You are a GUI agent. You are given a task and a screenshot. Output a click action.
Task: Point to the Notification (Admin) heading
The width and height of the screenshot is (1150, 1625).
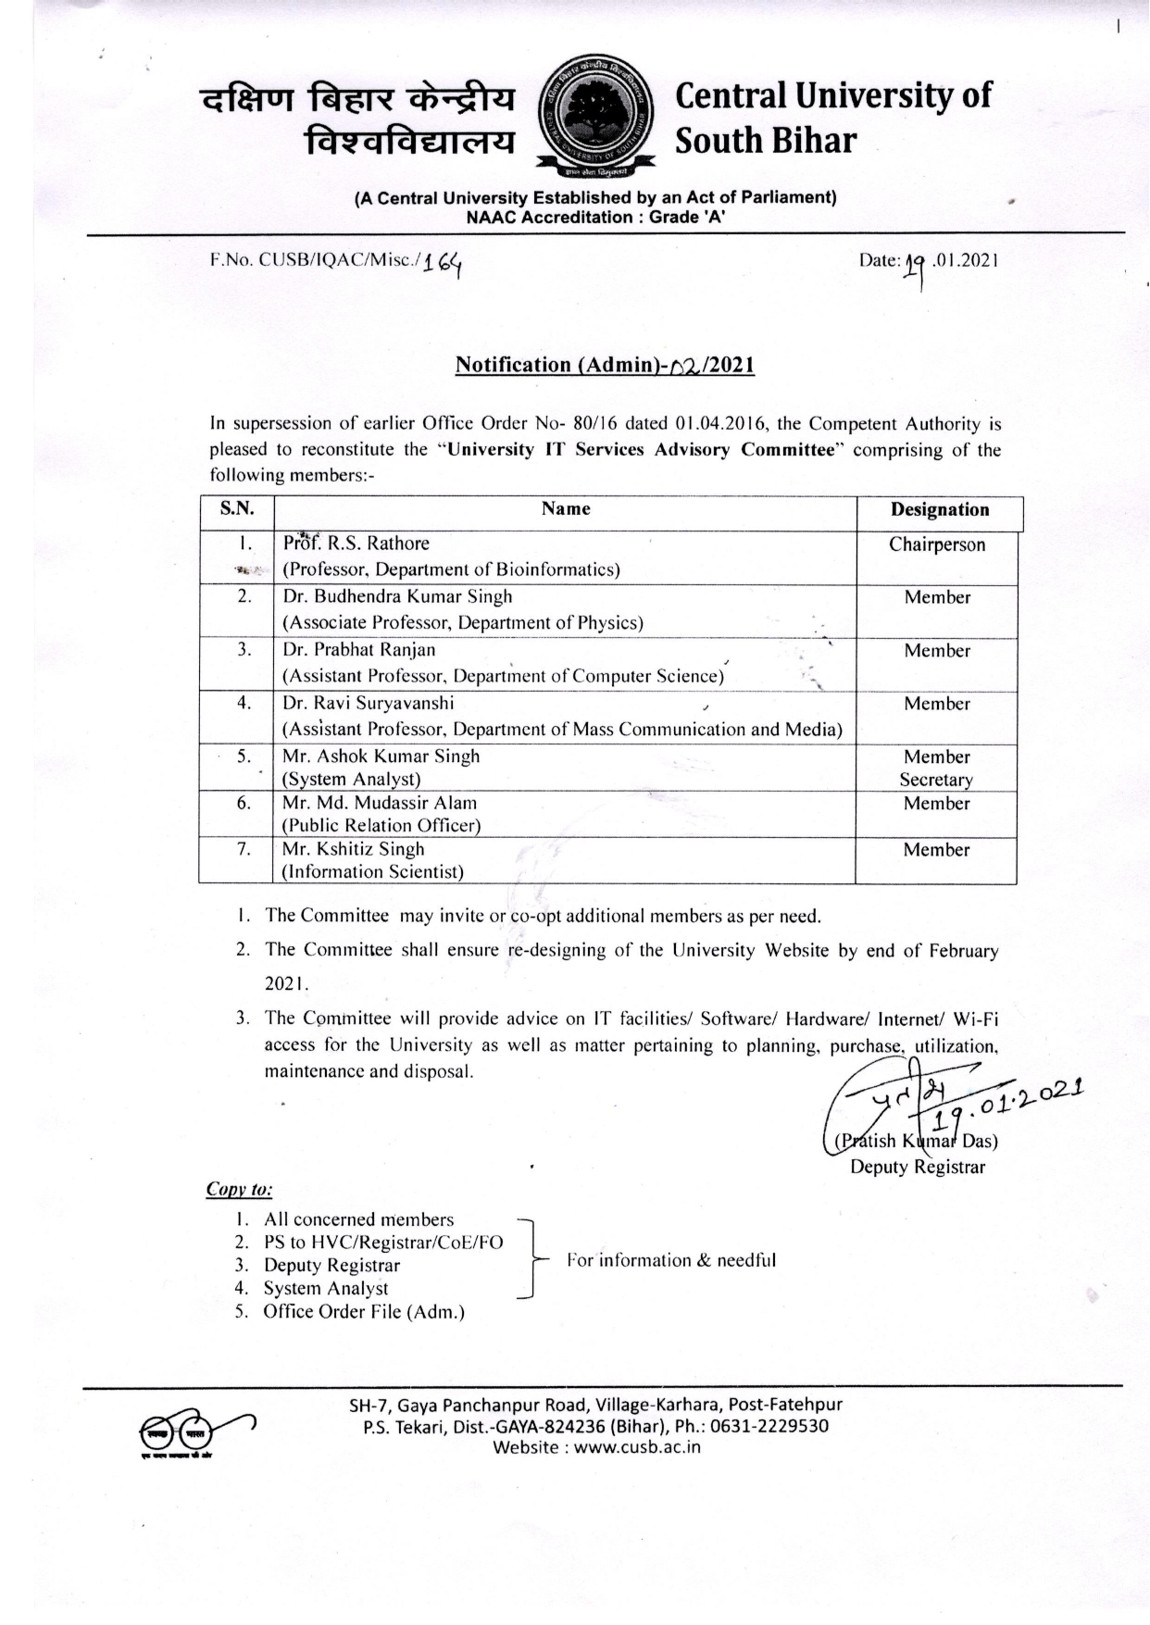[605, 365]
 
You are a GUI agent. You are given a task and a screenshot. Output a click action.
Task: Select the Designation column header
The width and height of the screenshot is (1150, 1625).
[939, 510]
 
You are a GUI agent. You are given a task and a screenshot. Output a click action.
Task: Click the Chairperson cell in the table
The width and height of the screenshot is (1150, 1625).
[937, 544]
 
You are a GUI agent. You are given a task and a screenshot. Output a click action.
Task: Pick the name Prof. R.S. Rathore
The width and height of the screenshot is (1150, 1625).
[356, 544]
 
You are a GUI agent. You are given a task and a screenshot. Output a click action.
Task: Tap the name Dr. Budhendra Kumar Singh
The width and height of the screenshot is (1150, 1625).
[397, 597]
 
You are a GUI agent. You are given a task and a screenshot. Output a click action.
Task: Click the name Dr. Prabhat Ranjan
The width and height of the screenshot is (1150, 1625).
[359, 650]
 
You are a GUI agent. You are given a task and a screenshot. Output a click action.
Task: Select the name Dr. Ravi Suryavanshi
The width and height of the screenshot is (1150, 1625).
[369, 703]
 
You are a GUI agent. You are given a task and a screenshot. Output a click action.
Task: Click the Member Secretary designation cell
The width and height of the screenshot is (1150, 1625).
[937, 769]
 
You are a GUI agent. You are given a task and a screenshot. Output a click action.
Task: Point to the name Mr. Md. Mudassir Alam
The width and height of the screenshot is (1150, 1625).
[380, 803]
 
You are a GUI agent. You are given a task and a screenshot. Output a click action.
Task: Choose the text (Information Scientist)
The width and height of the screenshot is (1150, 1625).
[373, 871]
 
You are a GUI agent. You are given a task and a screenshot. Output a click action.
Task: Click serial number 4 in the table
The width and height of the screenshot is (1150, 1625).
[244, 703]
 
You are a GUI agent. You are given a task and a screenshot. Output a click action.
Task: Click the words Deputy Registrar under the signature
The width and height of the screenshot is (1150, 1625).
[918, 1167]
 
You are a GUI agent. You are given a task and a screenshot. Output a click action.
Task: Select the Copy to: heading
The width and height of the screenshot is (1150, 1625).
[239, 1190]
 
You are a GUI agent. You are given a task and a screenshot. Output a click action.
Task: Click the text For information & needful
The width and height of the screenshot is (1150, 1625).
[671, 1260]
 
